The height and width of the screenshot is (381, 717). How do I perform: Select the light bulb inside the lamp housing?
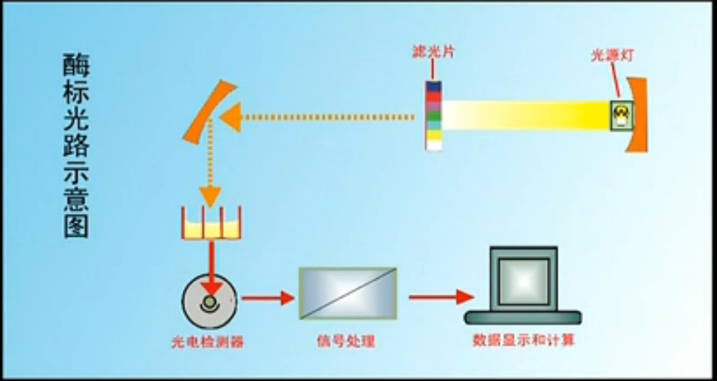[x=621, y=114]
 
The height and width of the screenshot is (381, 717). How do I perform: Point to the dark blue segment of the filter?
[x=434, y=87]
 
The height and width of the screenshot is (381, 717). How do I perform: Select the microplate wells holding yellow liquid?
[x=212, y=224]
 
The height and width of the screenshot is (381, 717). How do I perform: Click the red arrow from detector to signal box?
[x=266, y=298]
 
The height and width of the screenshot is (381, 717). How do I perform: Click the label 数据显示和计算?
[x=523, y=341]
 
